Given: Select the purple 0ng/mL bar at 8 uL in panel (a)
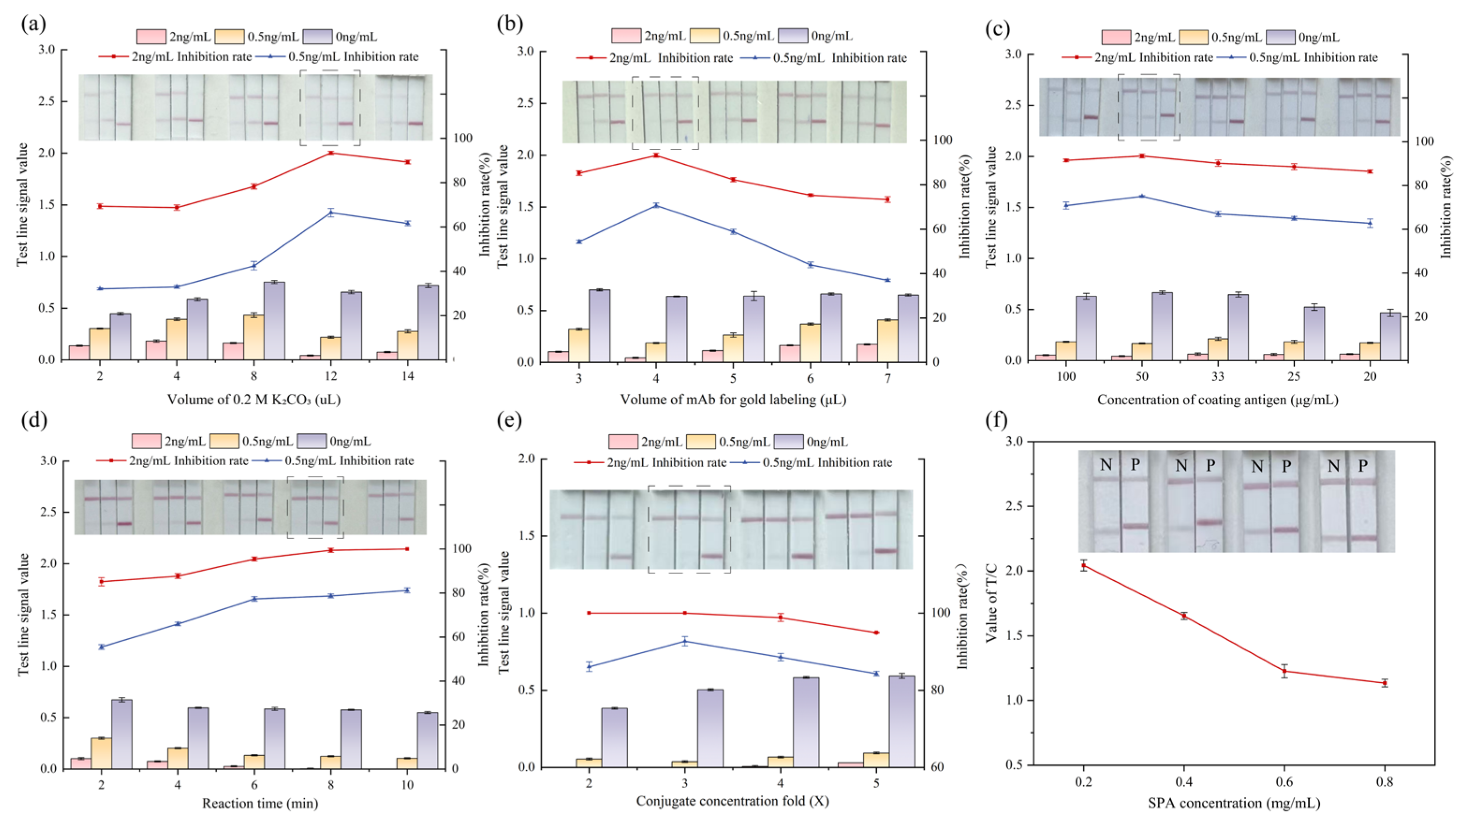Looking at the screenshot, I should point(274,321).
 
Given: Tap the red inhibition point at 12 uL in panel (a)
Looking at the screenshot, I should point(331,153).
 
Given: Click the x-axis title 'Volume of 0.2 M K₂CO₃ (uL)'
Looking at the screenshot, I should point(253,400).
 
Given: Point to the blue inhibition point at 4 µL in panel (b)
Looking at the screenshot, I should point(656,205).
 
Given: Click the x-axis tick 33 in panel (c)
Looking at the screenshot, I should point(1218,377).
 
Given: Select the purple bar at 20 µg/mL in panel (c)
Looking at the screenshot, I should point(1390,336).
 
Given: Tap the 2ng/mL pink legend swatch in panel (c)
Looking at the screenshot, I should point(1115,37).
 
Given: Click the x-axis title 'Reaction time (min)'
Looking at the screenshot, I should point(260,803).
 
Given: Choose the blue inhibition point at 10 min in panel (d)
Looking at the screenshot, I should point(407,590).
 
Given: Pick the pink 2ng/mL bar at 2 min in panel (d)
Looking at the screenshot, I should point(81,764).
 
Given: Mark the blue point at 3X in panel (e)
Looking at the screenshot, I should point(684,641).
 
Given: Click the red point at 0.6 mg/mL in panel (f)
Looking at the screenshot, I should point(1284,671).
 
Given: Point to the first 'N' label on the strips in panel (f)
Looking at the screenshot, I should point(1105,465).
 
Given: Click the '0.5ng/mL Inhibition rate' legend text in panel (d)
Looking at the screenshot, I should point(349,460).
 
